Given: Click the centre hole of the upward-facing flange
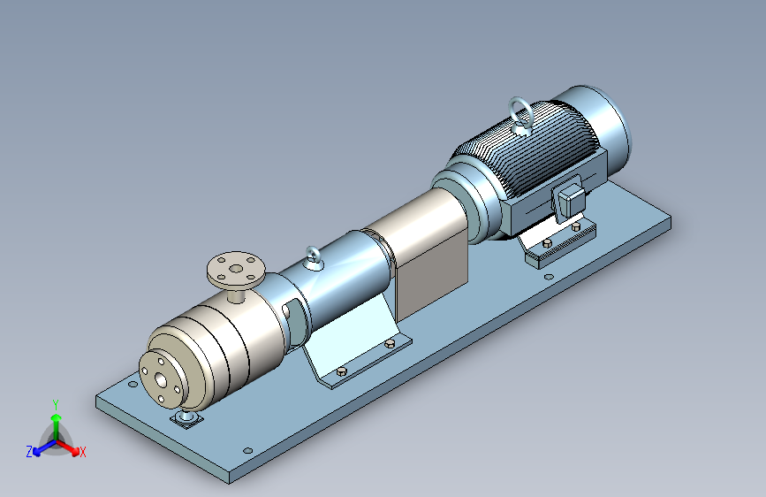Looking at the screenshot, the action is click(236, 268).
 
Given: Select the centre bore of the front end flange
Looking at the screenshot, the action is click(160, 379).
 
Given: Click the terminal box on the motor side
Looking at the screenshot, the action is click(569, 199).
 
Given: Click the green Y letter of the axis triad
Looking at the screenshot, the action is click(56, 405).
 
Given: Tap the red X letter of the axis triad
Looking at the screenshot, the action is click(82, 452).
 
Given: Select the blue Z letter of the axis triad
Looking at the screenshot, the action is click(29, 452).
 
